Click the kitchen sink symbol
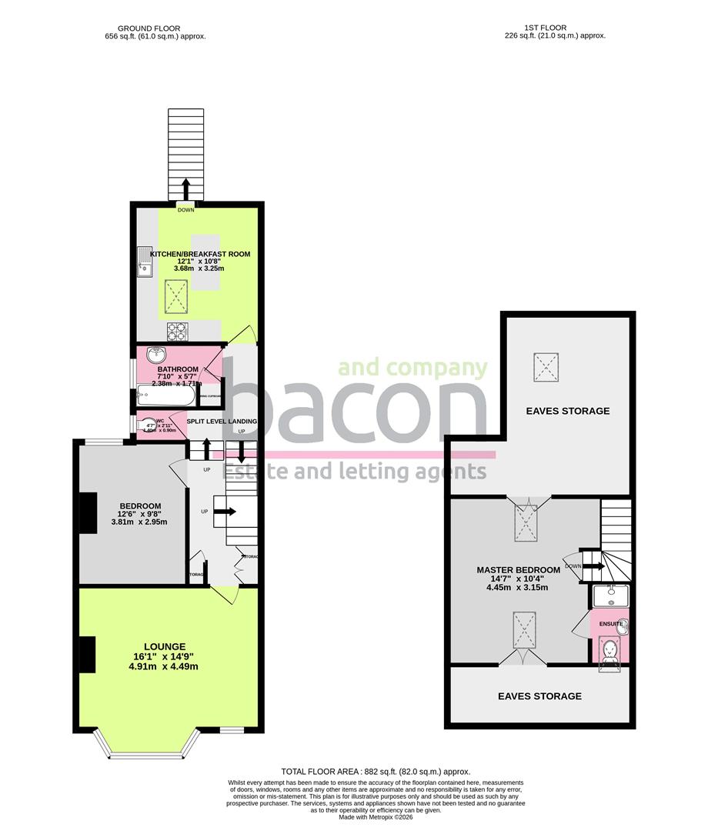click(x=144, y=262)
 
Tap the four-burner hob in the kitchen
click(x=178, y=331)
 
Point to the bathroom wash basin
click(x=156, y=355)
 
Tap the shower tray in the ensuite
click(x=611, y=596)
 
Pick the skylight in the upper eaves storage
click(x=548, y=364)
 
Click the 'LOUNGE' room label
click(x=165, y=646)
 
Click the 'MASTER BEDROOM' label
click(x=518, y=570)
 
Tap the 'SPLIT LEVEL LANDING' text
click(x=221, y=422)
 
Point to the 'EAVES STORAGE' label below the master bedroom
click(x=539, y=696)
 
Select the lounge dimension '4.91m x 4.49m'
click(x=165, y=666)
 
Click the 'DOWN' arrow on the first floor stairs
click(x=591, y=566)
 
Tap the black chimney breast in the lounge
click(x=87, y=655)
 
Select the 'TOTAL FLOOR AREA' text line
click(x=376, y=771)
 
